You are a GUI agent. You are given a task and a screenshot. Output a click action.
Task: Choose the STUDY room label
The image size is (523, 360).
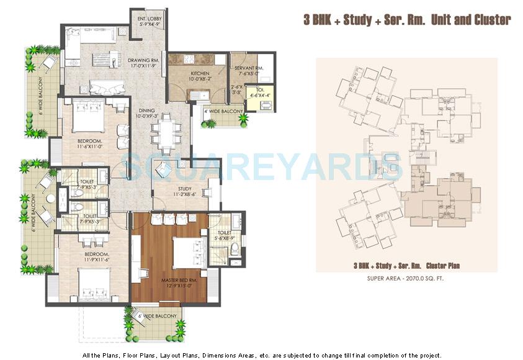pyautogui.click(x=184, y=189)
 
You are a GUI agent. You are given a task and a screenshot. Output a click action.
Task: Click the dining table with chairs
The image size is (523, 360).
pyautogui.click(x=166, y=134)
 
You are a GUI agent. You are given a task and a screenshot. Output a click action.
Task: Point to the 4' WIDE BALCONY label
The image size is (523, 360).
pyautogui.click(x=223, y=111)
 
